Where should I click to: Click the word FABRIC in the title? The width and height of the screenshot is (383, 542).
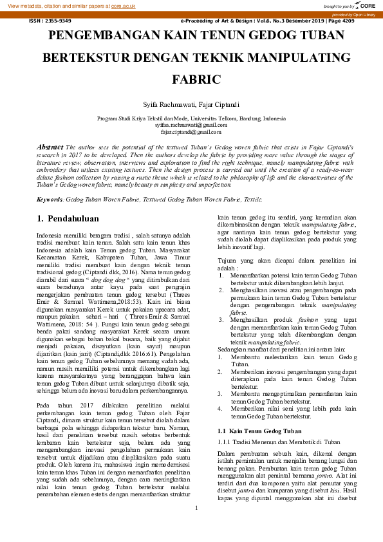coord(191,80)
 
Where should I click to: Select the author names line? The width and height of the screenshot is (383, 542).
coord(191,104)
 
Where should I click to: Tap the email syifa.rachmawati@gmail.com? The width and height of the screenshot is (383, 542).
coord(191,125)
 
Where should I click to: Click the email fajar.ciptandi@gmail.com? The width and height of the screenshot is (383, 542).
coord(191,131)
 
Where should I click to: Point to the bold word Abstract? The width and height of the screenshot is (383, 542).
coord(50,147)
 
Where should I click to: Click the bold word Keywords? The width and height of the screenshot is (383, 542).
coord(50,200)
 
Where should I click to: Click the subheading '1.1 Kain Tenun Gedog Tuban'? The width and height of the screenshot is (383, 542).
coord(259,413)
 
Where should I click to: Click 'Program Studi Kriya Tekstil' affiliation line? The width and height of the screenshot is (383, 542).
coord(191,118)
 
